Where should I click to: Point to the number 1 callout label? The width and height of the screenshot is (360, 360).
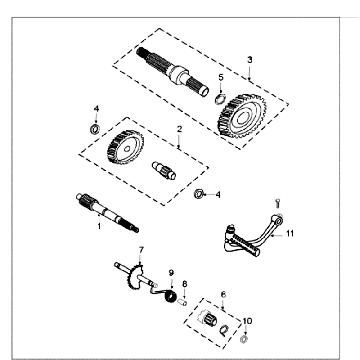click(99, 227)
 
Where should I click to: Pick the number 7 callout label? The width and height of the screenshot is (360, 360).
click(141, 248)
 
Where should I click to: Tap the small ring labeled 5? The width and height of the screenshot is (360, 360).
click(216, 97)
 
